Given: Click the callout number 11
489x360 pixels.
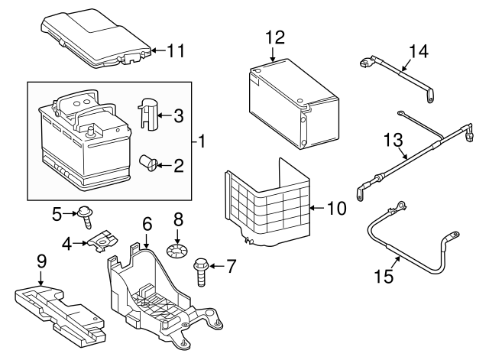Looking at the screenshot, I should pyautogui.click(x=176, y=51).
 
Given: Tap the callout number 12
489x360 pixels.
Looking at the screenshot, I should pyautogui.click(x=275, y=37).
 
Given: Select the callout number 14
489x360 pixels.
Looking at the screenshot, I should pyautogui.click(x=418, y=51).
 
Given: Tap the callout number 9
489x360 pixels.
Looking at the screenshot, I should pyautogui.click(x=41, y=261).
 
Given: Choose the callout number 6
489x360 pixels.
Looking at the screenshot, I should pyautogui.click(x=147, y=223).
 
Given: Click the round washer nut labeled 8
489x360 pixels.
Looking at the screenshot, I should pyautogui.click(x=178, y=250).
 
